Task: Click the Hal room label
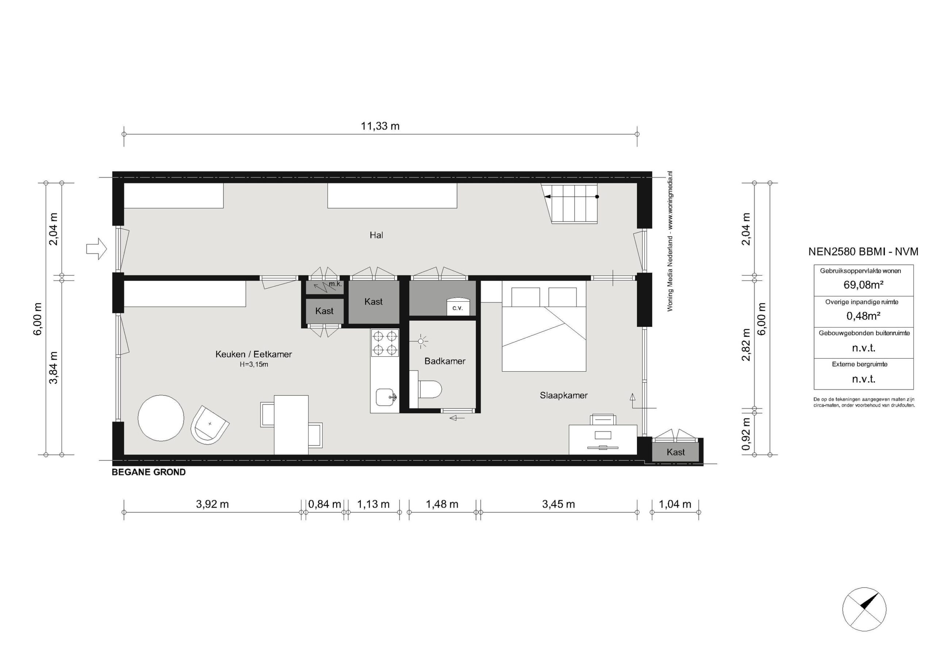click(376, 235)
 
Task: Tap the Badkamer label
click(445, 361)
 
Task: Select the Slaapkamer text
click(563, 395)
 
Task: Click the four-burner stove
click(385, 343)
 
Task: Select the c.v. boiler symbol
click(458, 306)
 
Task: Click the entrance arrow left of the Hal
click(96, 248)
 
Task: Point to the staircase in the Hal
click(570, 204)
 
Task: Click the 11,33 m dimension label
click(381, 126)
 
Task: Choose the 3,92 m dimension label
click(212, 504)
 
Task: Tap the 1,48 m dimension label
click(442, 504)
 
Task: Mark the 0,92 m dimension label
click(746, 434)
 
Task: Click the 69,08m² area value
click(863, 285)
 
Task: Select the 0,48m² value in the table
click(863, 316)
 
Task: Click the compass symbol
click(864, 620)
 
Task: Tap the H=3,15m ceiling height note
click(254, 364)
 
